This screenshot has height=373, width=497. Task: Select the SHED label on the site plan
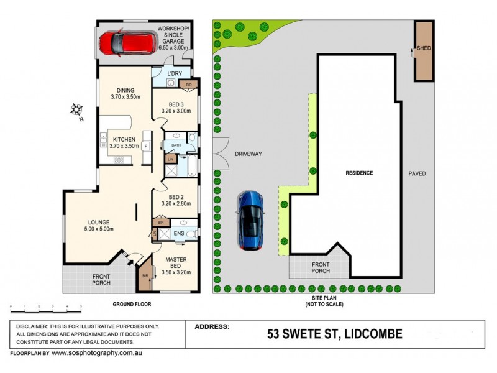coord(424,48)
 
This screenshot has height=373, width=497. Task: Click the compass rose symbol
coord(78,111)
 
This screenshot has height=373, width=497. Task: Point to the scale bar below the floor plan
coord(47,308)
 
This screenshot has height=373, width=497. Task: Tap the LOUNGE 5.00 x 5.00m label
coord(99,225)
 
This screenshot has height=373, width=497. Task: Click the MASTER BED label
coord(177,264)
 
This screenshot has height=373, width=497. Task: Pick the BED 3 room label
coord(176,107)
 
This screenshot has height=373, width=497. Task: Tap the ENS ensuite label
coord(178,234)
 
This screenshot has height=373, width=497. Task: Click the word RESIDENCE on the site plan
coord(359,173)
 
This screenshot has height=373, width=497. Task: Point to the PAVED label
coord(417,173)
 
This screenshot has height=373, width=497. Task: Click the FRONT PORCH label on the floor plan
coord(101,280)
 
